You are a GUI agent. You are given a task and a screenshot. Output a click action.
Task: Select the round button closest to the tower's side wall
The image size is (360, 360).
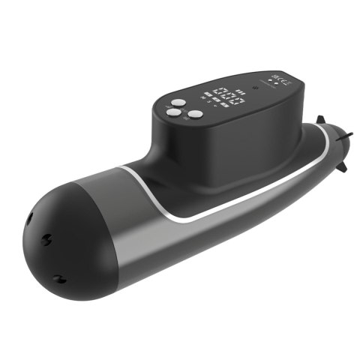click(x=195, y=115)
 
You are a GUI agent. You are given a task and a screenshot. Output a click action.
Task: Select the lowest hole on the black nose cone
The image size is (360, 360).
click(x=58, y=279)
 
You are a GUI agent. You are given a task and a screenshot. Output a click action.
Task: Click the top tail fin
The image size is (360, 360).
click(x=320, y=119)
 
